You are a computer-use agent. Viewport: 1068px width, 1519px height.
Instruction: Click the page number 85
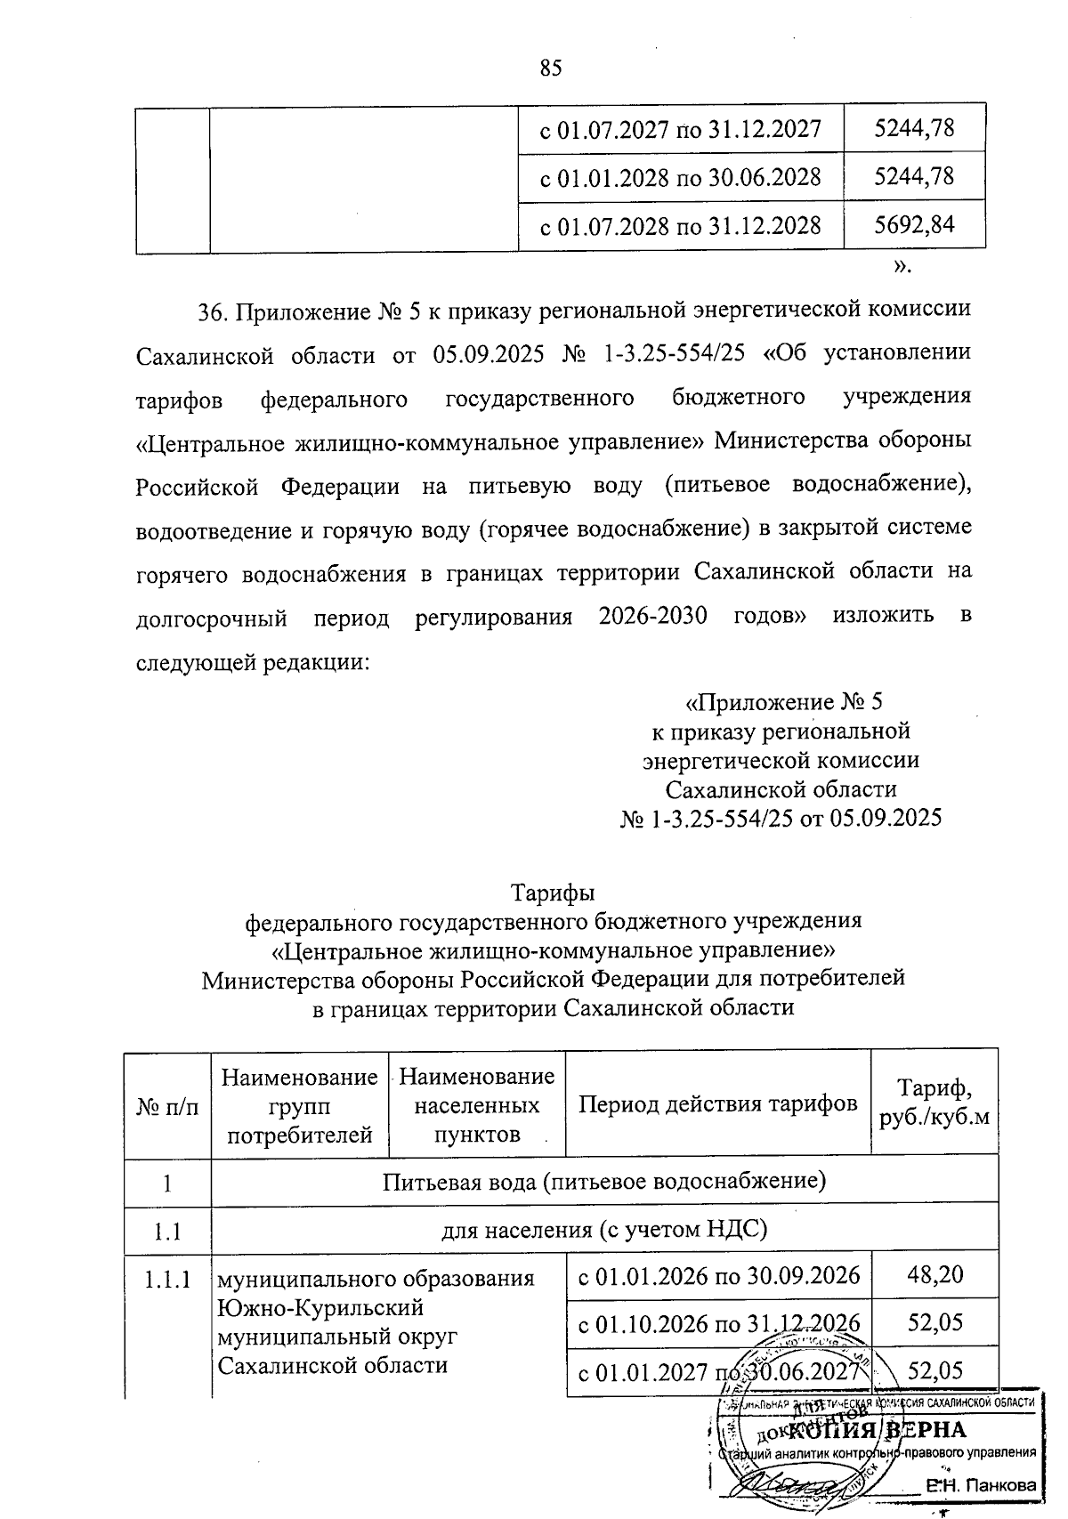click(x=551, y=69)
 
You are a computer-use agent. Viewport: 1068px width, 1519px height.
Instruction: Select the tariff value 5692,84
click(x=914, y=224)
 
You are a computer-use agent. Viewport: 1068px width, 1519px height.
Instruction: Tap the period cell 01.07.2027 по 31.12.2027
click(x=681, y=130)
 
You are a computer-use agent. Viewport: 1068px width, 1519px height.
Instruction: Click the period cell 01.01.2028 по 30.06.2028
click(x=681, y=177)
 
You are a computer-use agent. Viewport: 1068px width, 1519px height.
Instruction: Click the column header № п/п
click(x=167, y=1105)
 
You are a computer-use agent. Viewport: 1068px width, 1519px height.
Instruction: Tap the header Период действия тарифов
click(x=718, y=1103)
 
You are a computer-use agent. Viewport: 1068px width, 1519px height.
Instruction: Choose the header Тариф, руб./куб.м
click(x=934, y=1103)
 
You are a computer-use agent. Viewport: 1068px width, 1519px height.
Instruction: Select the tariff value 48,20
click(x=934, y=1274)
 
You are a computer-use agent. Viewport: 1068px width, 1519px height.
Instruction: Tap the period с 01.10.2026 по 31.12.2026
click(x=718, y=1322)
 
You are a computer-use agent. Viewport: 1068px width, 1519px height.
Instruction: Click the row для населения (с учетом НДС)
click(x=604, y=1230)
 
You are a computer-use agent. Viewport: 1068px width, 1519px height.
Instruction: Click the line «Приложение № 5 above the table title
click(x=782, y=702)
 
